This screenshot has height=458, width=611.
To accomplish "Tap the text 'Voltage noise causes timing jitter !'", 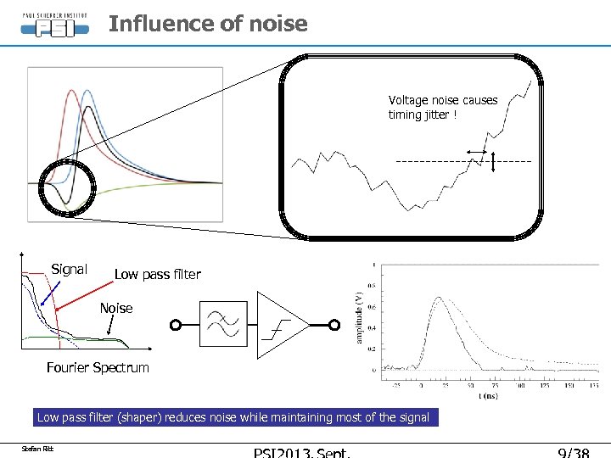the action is point(443,107).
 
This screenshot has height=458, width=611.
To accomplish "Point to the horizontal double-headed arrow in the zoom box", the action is point(477,152).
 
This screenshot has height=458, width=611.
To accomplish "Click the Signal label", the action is point(69,270).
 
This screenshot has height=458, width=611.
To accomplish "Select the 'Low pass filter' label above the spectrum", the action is point(157,274).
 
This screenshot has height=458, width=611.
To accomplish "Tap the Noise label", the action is point(116,308).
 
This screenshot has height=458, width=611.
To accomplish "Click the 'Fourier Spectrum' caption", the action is point(98,367).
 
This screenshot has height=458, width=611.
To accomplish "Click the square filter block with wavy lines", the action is point(224,324).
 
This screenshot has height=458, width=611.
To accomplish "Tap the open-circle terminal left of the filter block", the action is point(176,325).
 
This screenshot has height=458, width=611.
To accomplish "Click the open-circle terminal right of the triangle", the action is point(334,325).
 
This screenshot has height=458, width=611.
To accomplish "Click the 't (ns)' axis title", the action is point(486,395).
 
